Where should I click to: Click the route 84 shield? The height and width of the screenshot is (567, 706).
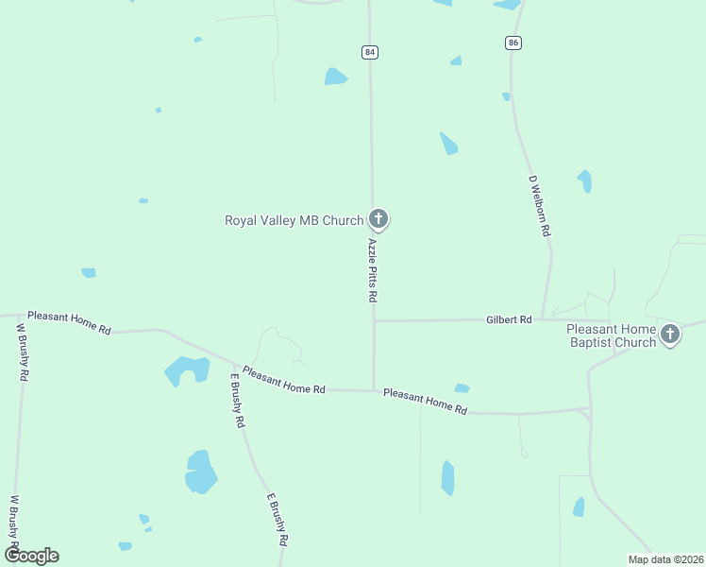tap(369, 52)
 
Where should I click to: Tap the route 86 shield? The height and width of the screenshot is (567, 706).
tap(513, 43)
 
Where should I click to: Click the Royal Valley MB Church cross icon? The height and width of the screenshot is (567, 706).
tap(378, 220)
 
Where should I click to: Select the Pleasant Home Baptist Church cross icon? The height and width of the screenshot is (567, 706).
tap(670, 333)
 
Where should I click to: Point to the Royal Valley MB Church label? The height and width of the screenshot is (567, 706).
tap(294, 221)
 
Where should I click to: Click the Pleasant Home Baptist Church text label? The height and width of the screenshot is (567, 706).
tap(611, 335)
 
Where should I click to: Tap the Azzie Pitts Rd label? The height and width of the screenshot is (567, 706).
tap(373, 270)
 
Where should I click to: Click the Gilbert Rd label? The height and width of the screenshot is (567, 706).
tap(509, 320)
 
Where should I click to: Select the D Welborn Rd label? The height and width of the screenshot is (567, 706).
tap(540, 205)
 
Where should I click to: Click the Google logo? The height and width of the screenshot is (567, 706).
tap(31, 556)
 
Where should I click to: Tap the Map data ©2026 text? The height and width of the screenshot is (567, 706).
tap(665, 559)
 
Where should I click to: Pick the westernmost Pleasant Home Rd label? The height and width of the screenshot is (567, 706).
tap(69, 323)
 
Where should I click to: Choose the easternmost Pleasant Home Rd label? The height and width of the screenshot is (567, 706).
tap(426, 402)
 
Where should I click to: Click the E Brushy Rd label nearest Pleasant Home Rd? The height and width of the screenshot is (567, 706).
tap(238, 401)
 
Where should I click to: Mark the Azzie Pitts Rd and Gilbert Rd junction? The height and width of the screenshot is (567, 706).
tap(375, 320)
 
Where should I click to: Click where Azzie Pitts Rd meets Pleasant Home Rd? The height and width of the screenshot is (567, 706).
tap(375, 389)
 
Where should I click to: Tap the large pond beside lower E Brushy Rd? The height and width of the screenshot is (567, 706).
tap(200, 472)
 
